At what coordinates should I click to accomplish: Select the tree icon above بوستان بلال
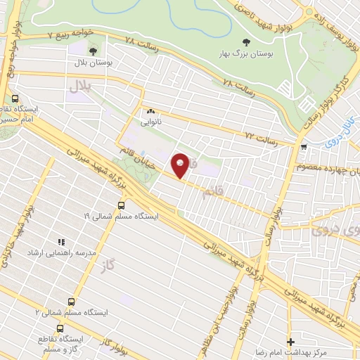pos(94,51)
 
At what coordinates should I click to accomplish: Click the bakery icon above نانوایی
pos(150,111)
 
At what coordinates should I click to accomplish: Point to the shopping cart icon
pos(303,147)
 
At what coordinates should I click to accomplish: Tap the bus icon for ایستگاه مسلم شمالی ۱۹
pos(121,205)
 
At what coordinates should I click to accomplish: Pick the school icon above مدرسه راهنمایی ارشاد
pos(60,240)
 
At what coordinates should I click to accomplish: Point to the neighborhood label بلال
pos(80,86)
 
